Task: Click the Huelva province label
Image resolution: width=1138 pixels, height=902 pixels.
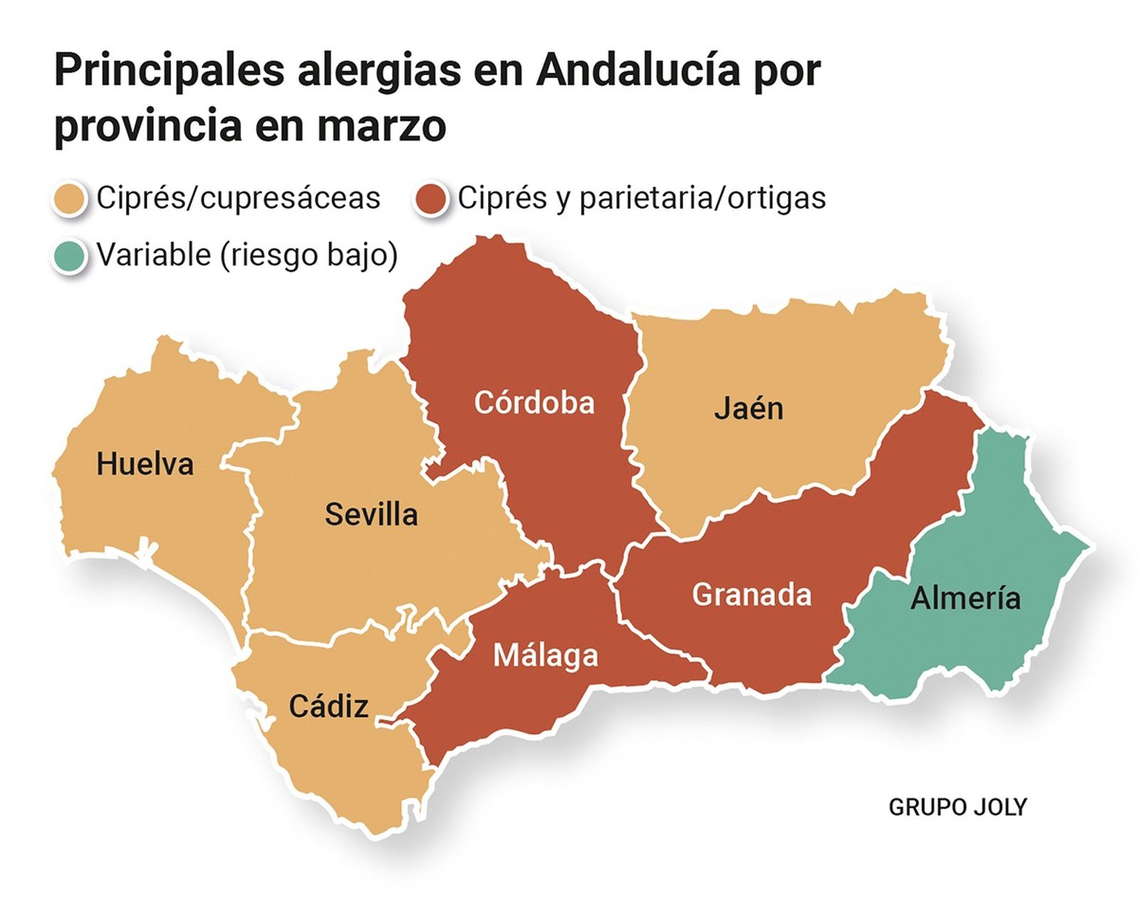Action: pos(145,465)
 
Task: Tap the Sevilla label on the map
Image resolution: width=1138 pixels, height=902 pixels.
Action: pos(371,514)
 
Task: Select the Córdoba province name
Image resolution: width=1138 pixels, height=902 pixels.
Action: pos(534,403)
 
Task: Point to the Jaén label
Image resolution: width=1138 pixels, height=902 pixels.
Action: pos(748,409)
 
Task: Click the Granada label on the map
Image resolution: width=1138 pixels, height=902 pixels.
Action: pos(752,595)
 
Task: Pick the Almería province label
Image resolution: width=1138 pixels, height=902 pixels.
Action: pos(965,598)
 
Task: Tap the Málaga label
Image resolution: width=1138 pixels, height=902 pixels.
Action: pos(546,655)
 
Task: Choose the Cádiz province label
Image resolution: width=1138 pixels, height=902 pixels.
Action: pos(329,706)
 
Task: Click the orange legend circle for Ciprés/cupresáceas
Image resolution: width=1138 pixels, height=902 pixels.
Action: pos(70,198)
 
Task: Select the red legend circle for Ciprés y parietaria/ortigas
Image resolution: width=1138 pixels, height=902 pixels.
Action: pos(431,198)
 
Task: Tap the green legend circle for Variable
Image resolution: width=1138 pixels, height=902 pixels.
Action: pos(70,255)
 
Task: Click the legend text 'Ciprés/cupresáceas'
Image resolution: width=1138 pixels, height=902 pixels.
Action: pos(238,198)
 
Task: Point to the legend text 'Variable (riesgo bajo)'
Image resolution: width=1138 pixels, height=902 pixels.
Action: pos(247,255)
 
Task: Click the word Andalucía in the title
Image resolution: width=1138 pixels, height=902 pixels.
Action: pos(637,70)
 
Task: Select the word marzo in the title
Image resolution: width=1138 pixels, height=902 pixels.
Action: pos(381,126)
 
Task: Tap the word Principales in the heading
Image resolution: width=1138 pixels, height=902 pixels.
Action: pos(169,70)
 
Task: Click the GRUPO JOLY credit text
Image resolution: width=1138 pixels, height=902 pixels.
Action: pos(957,807)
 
